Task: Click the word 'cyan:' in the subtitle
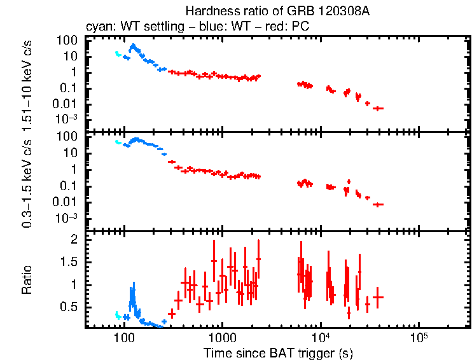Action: pos(99,27)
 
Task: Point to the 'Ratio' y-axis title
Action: pos(27,279)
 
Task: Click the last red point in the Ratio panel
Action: pos(378,297)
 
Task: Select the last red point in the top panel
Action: pos(378,109)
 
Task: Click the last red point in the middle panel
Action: pos(378,204)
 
